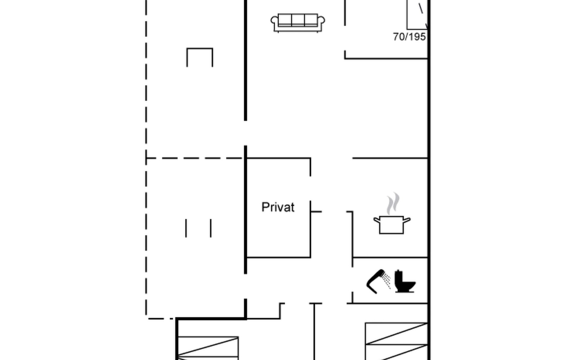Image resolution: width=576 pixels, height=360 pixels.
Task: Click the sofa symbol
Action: (298, 22)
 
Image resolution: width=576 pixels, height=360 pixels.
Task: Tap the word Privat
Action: (278, 207)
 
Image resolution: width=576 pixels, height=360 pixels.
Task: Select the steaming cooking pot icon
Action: (392, 214)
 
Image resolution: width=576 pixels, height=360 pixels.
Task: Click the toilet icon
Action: (404, 281)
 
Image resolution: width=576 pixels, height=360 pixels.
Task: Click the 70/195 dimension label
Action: (409, 37)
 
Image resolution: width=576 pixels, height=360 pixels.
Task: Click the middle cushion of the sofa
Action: (298, 20)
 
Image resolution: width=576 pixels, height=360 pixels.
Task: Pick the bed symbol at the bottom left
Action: (208, 348)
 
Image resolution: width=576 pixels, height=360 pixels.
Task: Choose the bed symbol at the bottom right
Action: (396, 341)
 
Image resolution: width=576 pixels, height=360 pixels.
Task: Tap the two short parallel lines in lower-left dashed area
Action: (198, 228)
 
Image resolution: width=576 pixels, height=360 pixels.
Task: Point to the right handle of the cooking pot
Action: (407, 220)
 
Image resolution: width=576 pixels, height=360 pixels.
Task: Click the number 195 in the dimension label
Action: (417, 37)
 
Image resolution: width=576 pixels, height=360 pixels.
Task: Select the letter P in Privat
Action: (265, 207)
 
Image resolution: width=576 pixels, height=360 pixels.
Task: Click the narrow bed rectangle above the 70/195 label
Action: (417, 14)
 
